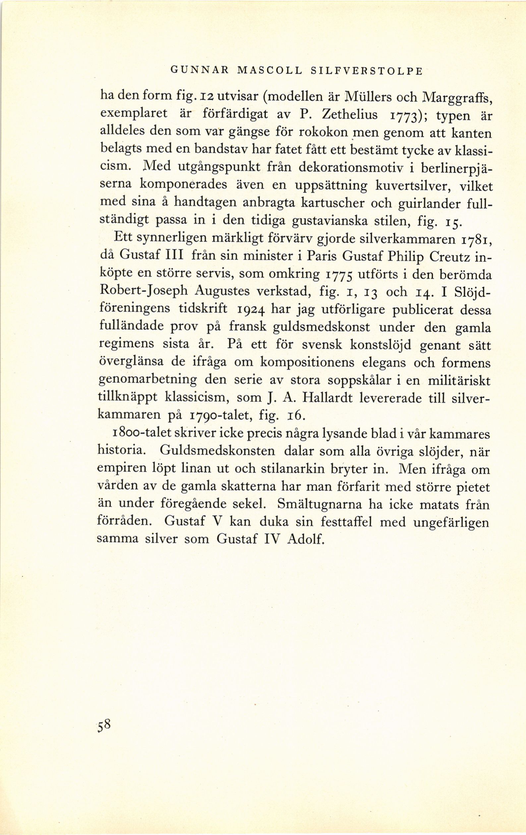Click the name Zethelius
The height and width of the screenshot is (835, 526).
(350, 114)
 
